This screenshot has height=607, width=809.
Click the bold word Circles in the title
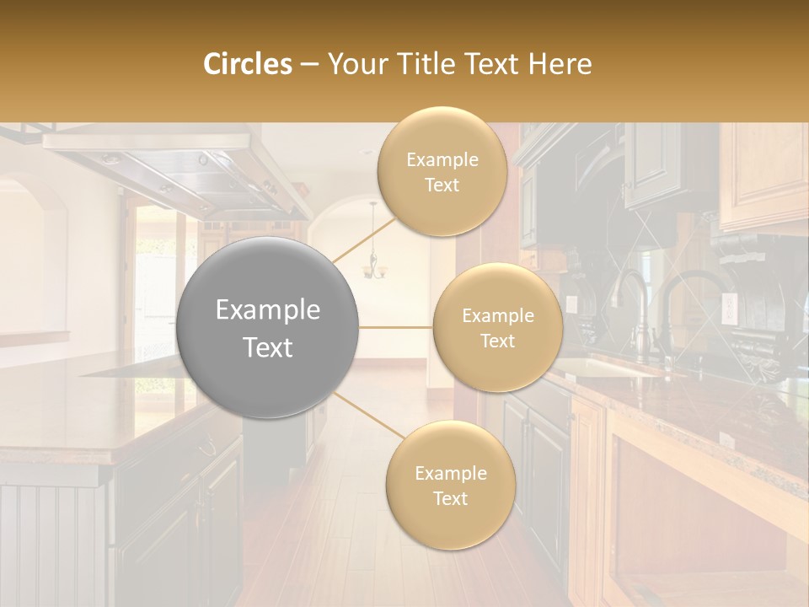point(248,64)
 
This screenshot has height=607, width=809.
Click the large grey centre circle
point(268,328)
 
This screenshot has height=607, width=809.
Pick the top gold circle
point(442,171)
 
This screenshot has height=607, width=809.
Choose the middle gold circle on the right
point(497,327)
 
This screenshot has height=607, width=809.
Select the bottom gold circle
point(450,485)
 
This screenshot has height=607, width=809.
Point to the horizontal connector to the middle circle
point(396,327)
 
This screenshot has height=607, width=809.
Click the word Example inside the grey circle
point(268,310)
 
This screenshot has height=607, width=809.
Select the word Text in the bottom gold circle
point(450,498)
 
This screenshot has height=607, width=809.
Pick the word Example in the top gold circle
point(442,160)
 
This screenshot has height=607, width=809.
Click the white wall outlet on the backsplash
point(729,309)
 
